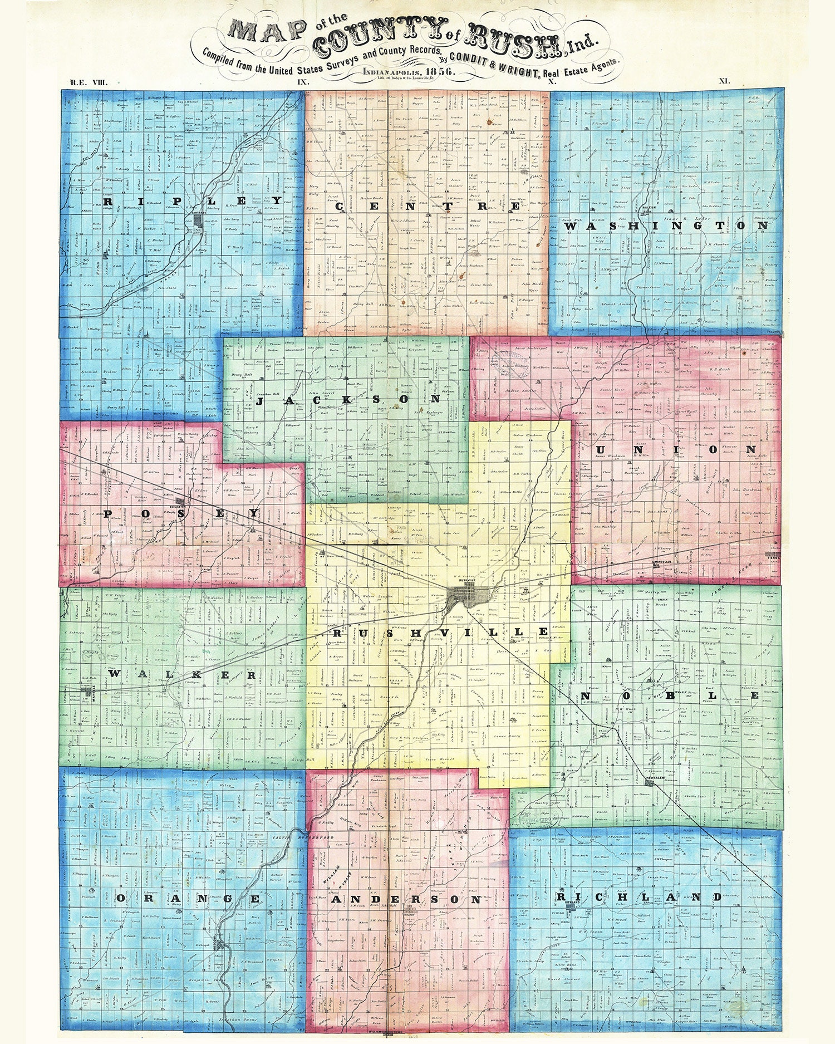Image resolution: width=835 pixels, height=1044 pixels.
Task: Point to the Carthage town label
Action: pos(199,212)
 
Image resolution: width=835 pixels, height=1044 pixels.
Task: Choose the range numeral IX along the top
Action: pos(303,81)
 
